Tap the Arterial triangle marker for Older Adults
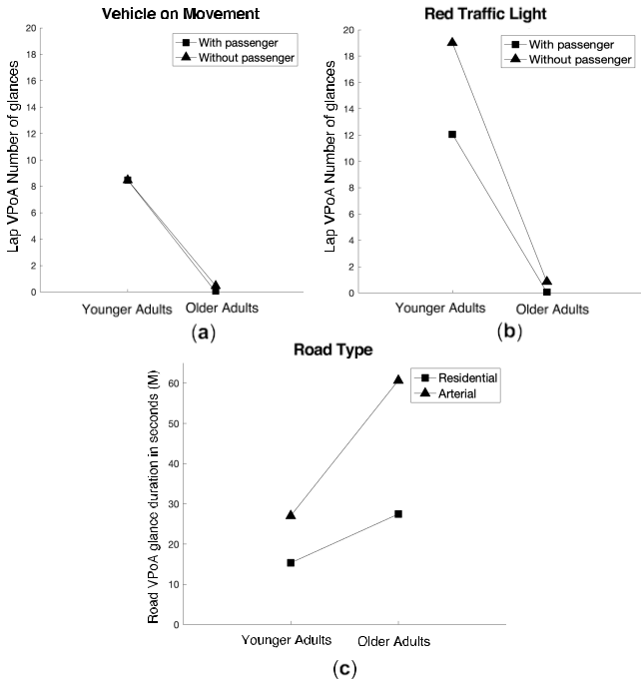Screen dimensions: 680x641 pos(398,379)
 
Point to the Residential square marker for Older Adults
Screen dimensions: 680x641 pos(398,513)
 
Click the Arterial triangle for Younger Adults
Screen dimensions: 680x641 pos(291,514)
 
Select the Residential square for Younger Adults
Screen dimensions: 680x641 pos(291,562)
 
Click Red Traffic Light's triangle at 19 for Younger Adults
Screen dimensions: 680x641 pos(452,42)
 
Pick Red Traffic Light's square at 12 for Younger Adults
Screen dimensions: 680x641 pos(452,134)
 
